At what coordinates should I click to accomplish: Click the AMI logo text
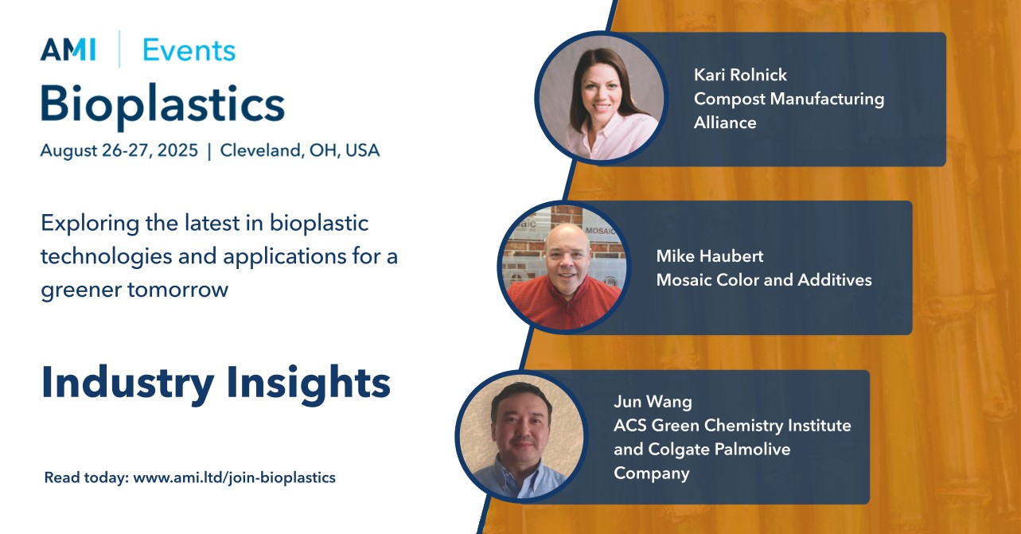pos(68,50)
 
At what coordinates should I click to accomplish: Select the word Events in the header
pos(189,50)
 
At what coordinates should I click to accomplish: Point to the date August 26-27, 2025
pos(119,150)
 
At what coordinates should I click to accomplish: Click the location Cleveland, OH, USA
pos(300,150)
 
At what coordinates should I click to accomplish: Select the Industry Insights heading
pos(216,383)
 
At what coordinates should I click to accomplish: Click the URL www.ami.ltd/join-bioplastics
pos(234,478)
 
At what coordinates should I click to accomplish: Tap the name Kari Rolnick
pos(740,75)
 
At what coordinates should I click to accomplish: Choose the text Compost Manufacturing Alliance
pos(788,111)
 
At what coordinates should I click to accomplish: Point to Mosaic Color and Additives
pos(763,280)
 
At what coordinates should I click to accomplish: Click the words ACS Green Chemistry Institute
pos(732,425)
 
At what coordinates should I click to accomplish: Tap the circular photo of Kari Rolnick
pos(601,99)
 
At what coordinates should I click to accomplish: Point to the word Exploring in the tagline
pos(88,224)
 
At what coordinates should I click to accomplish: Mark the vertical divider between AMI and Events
pos(119,49)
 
